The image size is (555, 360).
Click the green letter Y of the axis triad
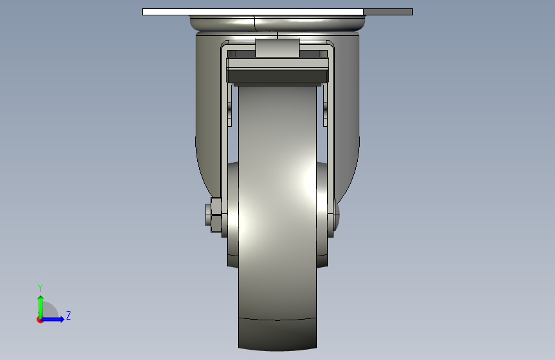(x=40, y=288)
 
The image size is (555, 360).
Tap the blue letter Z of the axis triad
(x=68, y=315)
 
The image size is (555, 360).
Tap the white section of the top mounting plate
(x=253, y=12)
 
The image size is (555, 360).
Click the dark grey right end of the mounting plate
(x=388, y=12)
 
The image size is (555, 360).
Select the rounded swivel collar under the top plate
(x=278, y=24)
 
